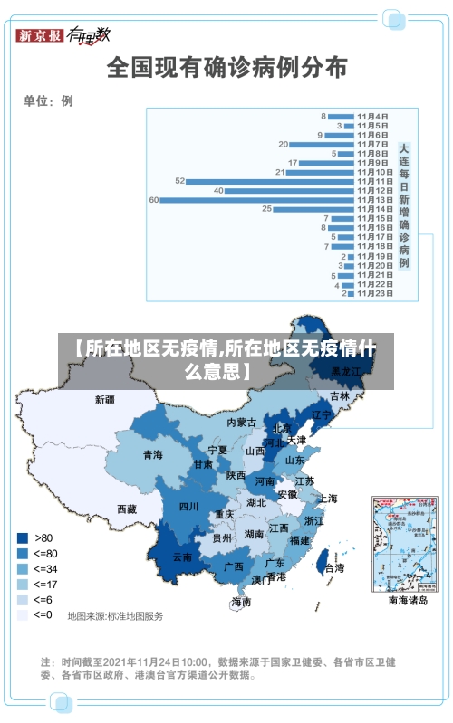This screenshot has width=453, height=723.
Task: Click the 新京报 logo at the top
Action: click(40, 36)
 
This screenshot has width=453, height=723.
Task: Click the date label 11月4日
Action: click(372, 116)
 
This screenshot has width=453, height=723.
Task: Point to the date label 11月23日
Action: click(374, 293)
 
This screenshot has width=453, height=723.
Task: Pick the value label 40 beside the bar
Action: click(218, 190)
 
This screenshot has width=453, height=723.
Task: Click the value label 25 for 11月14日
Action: click(266, 209)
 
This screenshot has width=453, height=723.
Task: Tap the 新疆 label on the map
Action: click(106, 398)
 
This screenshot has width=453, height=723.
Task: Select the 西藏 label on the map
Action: click(127, 509)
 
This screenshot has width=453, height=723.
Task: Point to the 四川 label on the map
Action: click(188, 507)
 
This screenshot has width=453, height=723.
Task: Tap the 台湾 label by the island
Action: click(333, 568)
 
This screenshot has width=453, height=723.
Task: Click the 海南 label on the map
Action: click(241, 601)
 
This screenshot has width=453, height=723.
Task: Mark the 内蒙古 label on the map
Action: click(242, 423)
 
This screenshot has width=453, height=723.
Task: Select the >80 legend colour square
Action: click(22, 537)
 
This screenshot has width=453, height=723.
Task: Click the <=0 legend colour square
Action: click(22, 614)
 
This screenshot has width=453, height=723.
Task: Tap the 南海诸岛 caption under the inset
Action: click(407, 600)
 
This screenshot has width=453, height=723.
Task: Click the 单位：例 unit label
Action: click(48, 101)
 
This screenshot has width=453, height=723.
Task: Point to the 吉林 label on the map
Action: click(340, 396)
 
